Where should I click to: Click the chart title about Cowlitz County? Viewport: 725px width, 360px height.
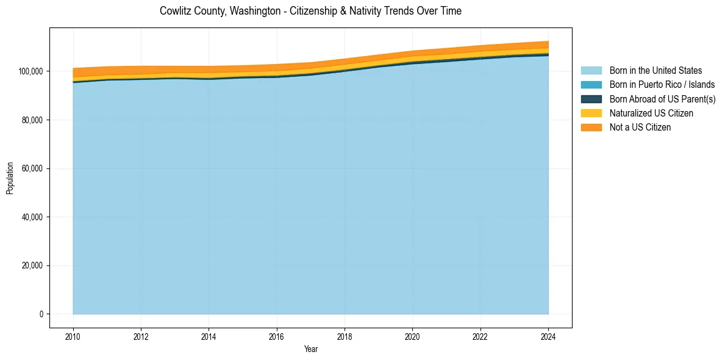pos(310,11)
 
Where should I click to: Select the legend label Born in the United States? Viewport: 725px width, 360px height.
pos(655,71)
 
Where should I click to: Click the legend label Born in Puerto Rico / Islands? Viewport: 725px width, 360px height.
pos(662,85)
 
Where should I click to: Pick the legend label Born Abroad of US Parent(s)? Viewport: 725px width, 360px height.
pos(662,99)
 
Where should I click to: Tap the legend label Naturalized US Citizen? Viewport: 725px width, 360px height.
pos(651,113)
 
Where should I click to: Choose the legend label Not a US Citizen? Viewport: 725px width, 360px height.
pos(640,128)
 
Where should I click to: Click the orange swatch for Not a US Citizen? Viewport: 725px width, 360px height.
pos(591,128)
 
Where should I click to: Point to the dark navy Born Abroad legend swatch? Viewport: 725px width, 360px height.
pos(591,99)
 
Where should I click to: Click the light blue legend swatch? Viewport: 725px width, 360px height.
pos(591,71)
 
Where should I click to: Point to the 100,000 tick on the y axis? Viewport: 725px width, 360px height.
pos(31,71)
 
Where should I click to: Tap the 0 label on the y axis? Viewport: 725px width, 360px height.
pos(41,314)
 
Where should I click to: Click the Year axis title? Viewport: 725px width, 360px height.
pos(310,349)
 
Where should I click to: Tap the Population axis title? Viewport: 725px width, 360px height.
pos(10,178)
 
